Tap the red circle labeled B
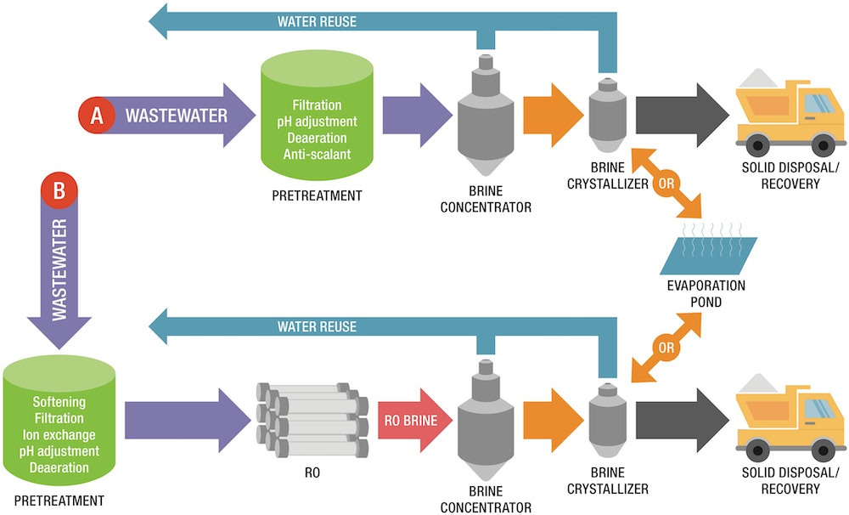[x=59, y=192]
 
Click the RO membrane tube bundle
[x=312, y=416]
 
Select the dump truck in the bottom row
[x=790, y=416]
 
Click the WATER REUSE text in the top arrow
[x=317, y=21]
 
